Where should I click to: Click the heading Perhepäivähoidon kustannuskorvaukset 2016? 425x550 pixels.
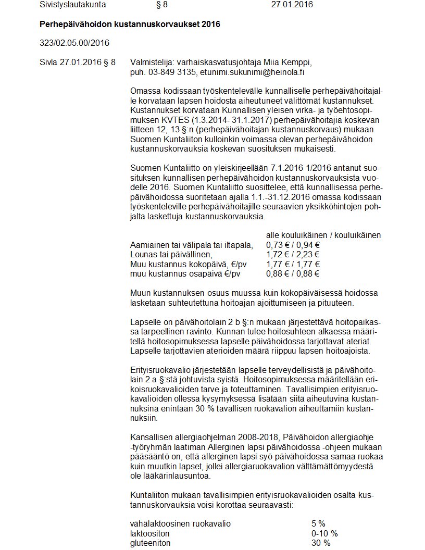coord(130,24)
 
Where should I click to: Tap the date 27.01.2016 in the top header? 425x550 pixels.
coord(292,5)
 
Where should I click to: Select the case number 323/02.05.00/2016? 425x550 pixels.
coord(74,43)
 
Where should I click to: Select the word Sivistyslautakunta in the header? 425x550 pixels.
coord(73,5)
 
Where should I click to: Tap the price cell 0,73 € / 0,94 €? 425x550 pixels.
coord(293,245)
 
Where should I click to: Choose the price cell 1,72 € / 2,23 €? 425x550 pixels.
coord(293,254)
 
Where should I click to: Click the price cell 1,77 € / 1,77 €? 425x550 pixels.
coord(293,264)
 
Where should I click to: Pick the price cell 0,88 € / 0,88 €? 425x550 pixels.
coord(293,273)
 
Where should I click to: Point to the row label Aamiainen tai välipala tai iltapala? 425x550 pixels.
coord(192,245)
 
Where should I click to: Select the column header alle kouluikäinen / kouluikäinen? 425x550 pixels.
coord(323,235)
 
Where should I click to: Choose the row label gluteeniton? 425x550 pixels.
coord(150,543)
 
